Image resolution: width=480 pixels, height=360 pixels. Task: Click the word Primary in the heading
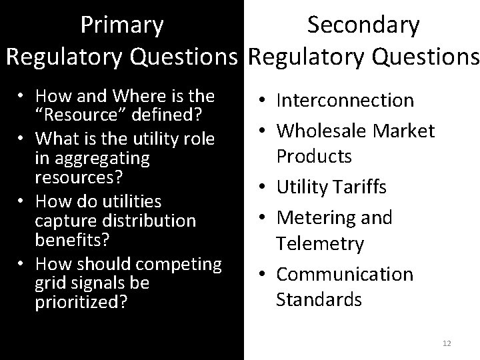point(121,25)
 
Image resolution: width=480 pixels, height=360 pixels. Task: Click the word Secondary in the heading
point(363,25)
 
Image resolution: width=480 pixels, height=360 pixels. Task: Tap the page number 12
point(447,343)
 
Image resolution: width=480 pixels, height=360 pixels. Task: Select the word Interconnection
point(345,101)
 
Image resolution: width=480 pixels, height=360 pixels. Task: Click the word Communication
point(345,273)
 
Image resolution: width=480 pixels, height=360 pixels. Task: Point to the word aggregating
point(93,159)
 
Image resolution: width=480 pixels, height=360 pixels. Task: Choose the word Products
point(315,157)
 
